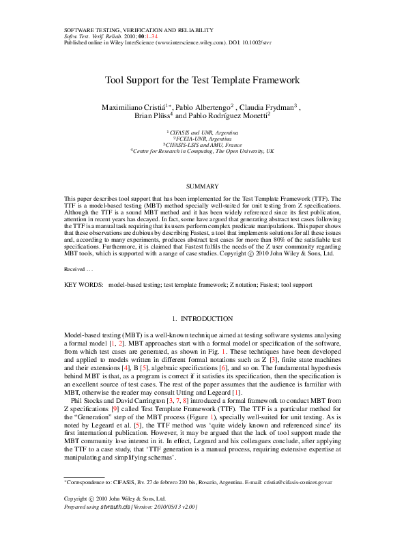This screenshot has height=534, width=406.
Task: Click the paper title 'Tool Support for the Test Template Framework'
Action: pyautogui.click(x=203, y=80)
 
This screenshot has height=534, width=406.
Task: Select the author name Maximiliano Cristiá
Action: pyautogui.click(x=133, y=107)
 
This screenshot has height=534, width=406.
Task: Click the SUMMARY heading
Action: pyautogui.click(x=203, y=186)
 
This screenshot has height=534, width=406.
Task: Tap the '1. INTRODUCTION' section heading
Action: pyautogui.click(x=203, y=319)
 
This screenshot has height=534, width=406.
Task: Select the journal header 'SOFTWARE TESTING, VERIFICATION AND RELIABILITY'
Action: pyautogui.click(x=139, y=30)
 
